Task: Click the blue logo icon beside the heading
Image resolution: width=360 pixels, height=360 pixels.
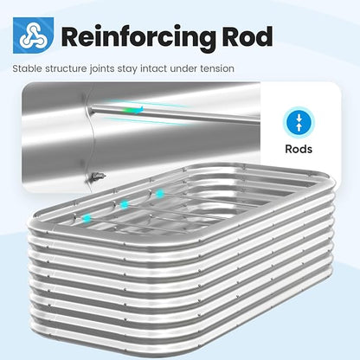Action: point(33,35)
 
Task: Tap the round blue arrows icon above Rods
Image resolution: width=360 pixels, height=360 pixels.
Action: point(299,122)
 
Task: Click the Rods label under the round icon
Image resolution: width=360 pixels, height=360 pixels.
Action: point(299,149)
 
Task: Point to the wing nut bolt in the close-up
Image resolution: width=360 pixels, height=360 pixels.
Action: point(97,176)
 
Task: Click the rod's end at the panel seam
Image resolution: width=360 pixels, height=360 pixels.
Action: point(90,110)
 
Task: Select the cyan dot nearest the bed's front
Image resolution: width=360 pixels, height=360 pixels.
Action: point(87,218)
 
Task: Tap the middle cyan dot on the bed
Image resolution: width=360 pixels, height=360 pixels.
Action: point(125,205)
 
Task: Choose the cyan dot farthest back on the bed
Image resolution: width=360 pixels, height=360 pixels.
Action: point(159,194)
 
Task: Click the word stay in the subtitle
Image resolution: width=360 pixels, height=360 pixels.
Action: point(128,69)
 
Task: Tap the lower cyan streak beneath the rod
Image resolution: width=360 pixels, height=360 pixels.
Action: point(141,121)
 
